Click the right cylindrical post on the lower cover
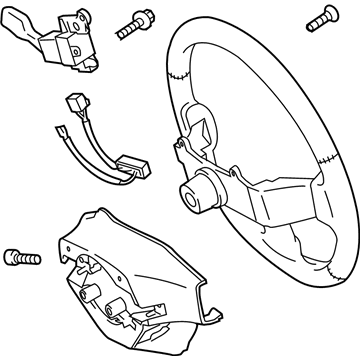point(127,299)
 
